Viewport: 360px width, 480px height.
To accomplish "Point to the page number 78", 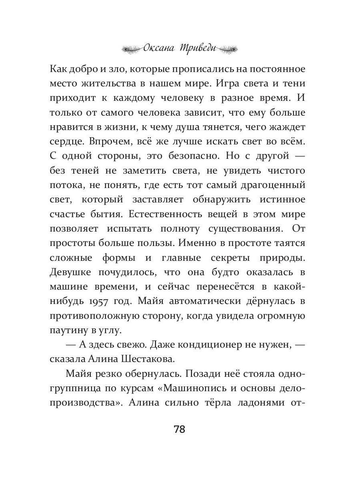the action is click(x=180, y=430).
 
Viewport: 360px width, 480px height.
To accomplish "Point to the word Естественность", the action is click(x=166, y=214).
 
